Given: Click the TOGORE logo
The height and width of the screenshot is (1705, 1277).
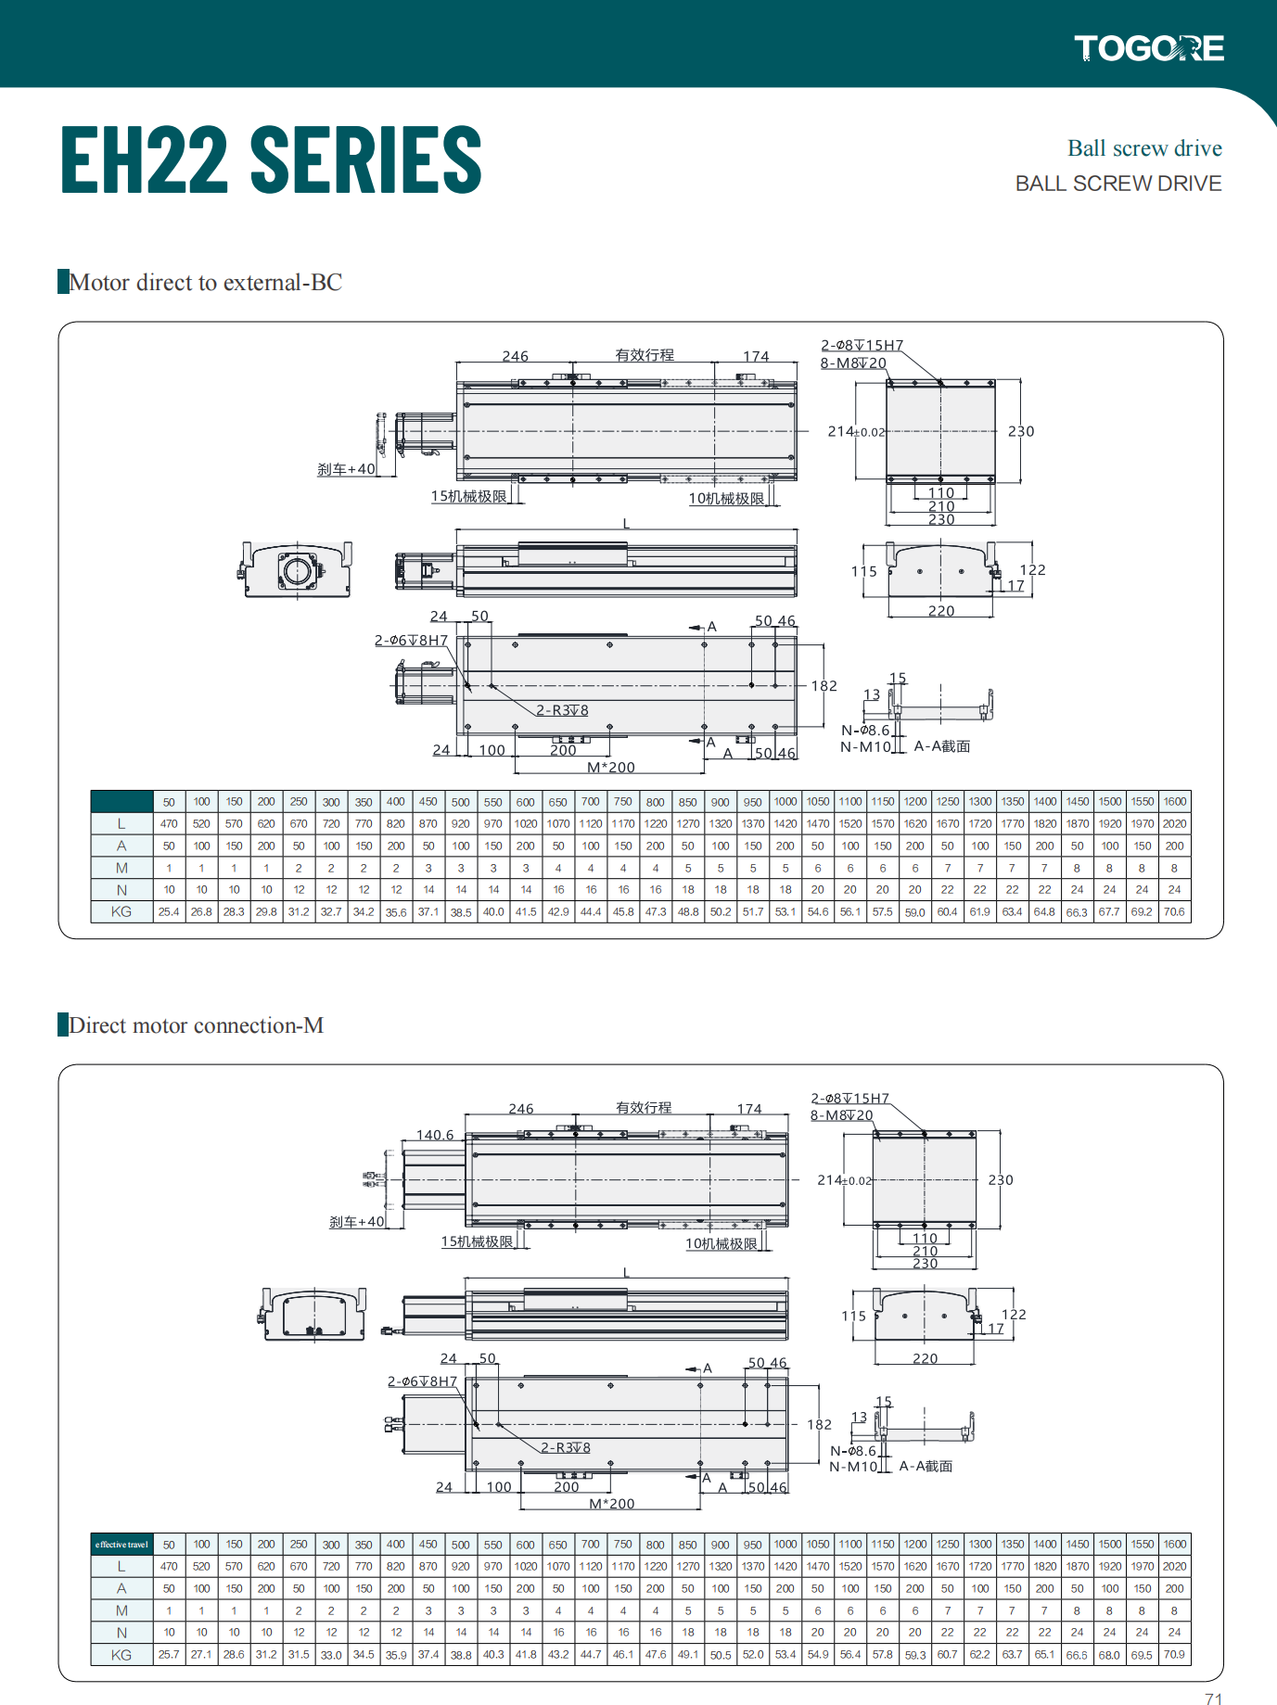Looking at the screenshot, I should [1148, 48].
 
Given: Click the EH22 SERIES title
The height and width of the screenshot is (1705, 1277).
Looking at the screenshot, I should [271, 160].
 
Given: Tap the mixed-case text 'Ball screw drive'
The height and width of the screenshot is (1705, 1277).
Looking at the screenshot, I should [1143, 148].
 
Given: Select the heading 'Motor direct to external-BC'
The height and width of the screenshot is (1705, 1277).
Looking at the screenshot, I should [205, 282].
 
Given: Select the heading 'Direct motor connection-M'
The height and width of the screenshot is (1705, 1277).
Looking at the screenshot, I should [196, 1025].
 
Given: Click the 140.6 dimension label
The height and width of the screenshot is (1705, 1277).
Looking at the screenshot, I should [435, 1135].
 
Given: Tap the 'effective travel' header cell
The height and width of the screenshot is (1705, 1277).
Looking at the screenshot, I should [121, 1545].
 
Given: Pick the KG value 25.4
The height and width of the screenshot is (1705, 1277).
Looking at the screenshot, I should [169, 912].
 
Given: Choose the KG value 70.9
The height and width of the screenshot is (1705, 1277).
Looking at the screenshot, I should [1174, 1655].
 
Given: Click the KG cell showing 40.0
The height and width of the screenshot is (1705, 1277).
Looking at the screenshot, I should [493, 912].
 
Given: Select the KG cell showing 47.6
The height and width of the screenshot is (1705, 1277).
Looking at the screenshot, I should [656, 1655].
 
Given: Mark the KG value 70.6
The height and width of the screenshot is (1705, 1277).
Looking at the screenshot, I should [1174, 912].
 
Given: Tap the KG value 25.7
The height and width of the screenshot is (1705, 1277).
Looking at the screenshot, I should [169, 1655].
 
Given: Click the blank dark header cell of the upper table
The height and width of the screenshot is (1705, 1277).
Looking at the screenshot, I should [121, 802].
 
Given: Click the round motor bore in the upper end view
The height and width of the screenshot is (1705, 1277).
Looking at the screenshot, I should [297, 570].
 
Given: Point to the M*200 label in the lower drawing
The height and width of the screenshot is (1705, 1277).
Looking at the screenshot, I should [611, 1504].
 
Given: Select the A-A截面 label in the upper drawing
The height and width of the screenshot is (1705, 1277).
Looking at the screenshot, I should [941, 746].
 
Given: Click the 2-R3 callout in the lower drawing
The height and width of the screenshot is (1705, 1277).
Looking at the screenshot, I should [566, 1447].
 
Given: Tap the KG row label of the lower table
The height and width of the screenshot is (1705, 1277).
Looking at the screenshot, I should [121, 1655].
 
